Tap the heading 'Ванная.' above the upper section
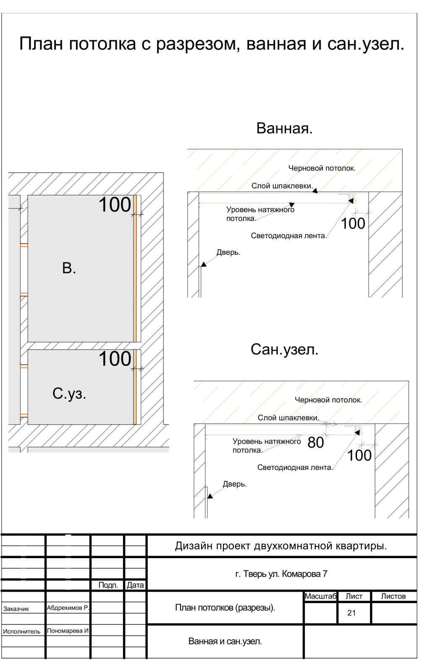[x=284, y=128]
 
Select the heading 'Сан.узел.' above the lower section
[x=284, y=349]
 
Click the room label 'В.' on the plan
[x=69, y=268]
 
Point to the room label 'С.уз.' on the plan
[x=69, y=393]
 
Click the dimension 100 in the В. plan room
[x=115, y=205]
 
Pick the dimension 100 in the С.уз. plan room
[x=115, y=359]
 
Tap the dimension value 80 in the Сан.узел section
[x=316, y=443]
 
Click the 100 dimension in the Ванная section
[x=353, y=224]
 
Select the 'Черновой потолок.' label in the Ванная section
[x=322, y=168]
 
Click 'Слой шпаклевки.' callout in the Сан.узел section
[x=288, y=418]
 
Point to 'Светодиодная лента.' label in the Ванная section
[x=289, y=236]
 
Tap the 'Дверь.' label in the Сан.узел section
[x=235, y=484]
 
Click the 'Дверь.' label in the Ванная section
[x=228, y=252]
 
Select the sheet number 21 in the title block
[x=351, y=613]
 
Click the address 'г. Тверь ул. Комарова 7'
[x=281, y=574]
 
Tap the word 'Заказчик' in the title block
[x=16, y=609]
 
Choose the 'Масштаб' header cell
[x=320, y=596]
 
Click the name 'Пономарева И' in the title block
[x=68, y=631]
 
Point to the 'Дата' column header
[x=135, y=585]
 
